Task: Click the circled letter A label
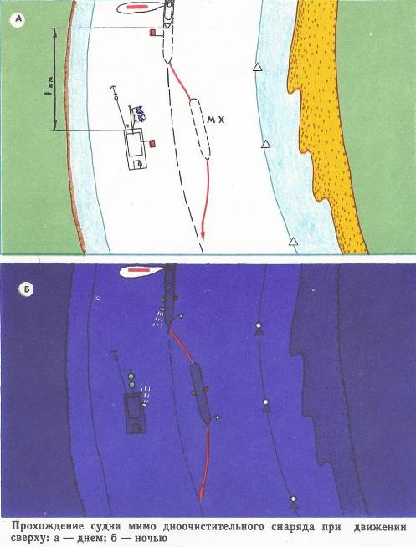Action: coord(18,20)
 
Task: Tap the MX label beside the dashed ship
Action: coord(216,120)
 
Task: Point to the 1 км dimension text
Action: coord(50,84)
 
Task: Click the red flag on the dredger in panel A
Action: coord(152,143)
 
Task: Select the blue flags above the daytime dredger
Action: coord(141,114)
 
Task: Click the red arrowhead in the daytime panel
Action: coord(202,235)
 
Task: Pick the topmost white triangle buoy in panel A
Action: coord(258,68)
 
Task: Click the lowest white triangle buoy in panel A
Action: coord(294,242)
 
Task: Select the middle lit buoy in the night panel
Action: coord(266,406)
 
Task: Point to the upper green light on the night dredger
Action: coord(131,376)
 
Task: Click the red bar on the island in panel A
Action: coord(136,7)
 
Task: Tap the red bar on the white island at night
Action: coord(138,269)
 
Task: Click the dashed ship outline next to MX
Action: coord(200,129)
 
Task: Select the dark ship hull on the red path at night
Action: coord(200,393)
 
